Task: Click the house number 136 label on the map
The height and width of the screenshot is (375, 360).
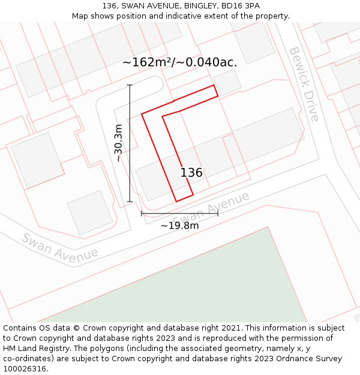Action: [191, 173]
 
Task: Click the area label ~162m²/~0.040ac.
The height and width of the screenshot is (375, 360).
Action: [179, 62]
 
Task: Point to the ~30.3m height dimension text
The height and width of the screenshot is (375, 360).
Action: [118, 143]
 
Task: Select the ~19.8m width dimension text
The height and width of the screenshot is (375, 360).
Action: [179, 226]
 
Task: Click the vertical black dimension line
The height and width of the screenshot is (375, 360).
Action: [130, 143]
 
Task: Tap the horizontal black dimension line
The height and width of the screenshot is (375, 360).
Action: [179, 213]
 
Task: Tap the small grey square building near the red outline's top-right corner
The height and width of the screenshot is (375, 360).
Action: [227, 83]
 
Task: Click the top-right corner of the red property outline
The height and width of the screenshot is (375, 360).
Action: [214, 86]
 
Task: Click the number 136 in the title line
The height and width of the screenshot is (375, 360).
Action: [109, 6]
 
